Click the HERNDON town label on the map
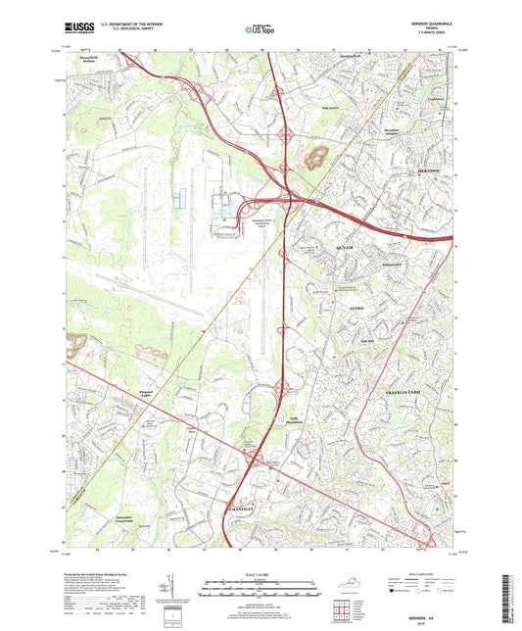pyautogui.click(x=428, y=170)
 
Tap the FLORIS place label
pyautogui.click(x=356, y=309)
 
